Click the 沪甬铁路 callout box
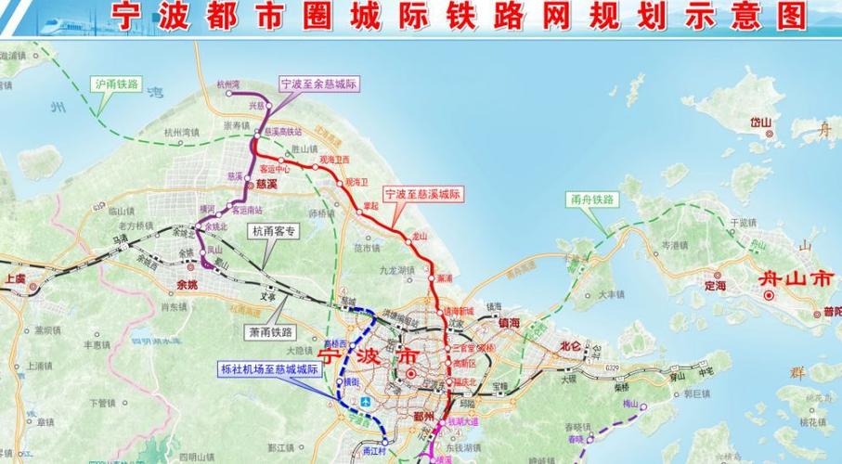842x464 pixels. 116,84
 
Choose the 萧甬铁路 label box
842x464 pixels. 270,331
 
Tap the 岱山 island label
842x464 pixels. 761,122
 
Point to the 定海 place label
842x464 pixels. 715,287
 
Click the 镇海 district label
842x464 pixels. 509,323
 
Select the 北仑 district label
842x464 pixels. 569,347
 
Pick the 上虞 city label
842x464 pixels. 14,277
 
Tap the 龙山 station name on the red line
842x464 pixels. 420,237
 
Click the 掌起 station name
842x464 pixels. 371,206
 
